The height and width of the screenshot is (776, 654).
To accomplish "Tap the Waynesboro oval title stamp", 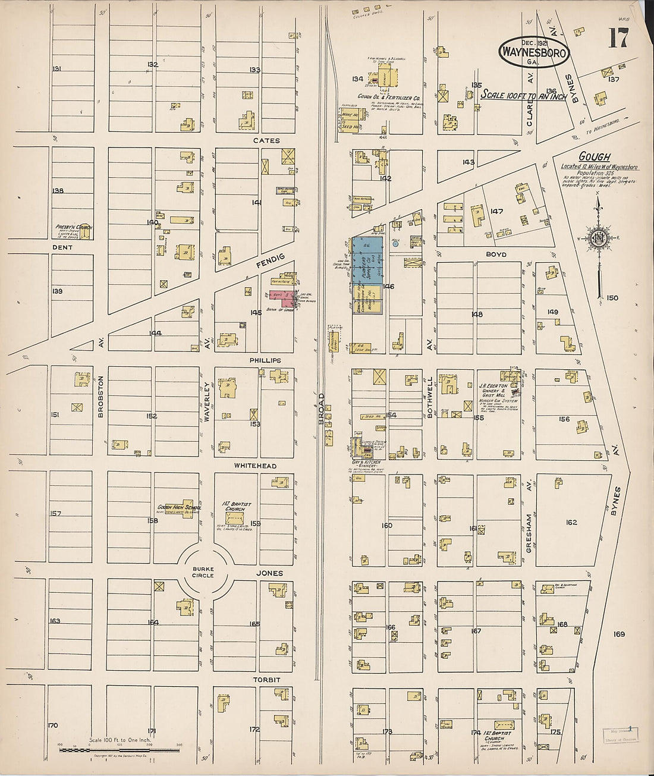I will (533, 52).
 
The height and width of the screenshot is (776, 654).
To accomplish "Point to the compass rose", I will (598, 238).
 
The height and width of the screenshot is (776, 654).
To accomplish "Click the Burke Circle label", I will (203, 572).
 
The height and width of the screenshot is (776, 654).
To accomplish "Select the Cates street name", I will (266, 141).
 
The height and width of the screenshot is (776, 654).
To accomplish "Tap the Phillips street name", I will (265, 360).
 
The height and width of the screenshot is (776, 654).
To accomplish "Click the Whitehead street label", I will (254, 466).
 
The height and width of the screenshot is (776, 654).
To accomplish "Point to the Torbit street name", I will (266, 679).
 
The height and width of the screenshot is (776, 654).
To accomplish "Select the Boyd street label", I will (496, 255).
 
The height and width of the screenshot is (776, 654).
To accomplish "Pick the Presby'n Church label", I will (74, 227).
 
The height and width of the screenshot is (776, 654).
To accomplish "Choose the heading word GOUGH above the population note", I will (595, 156).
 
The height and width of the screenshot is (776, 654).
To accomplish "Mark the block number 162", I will (571, 522).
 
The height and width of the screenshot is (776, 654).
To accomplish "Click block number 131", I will (57, 69).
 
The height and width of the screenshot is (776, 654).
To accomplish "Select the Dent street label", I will (62, 247).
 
